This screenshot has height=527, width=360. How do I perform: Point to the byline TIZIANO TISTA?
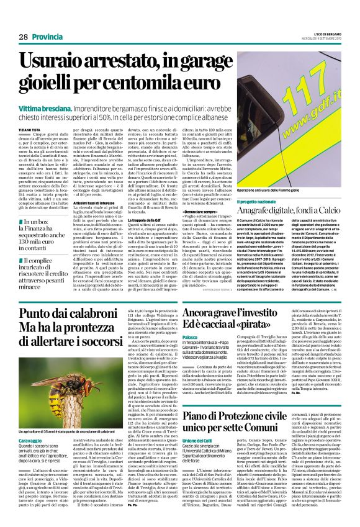click(x=30, y=122)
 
